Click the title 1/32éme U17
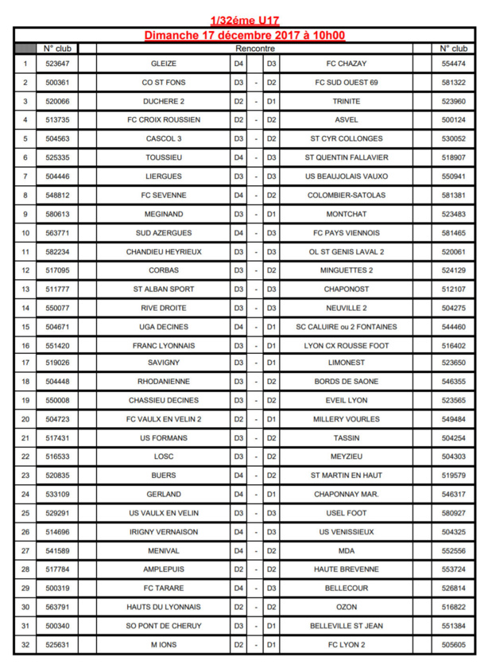[x=245, y=20]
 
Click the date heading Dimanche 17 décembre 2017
[x=245, y=36]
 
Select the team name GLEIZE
[x=163, y=64]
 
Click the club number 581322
[x=454, y=83]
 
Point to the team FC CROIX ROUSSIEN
[x=163, y=120]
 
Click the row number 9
[x=25, y=214]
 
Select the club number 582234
[x=57, y=251]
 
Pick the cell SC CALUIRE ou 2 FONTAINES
[x=347, y=327]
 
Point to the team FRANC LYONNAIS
[x=163, y=346]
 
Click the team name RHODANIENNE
[x=163, y=383]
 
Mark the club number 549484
[x=454, y=419]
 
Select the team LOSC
[x=163, y=456]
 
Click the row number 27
[x=25, y=550]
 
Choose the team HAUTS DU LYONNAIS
[x=163, y=607]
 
